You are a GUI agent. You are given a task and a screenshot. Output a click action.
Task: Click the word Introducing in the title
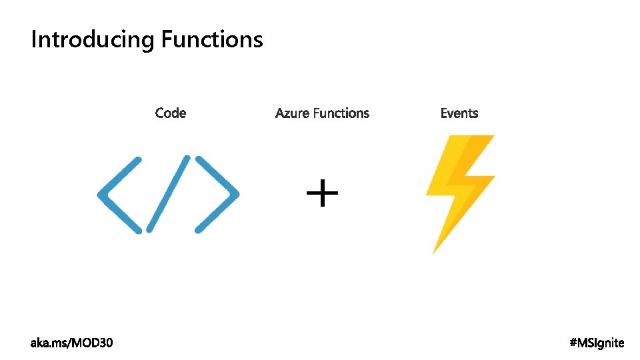pyautogui.click(x=93, y=40)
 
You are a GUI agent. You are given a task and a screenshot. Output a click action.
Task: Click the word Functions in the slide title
pyautogui.click(x=212, y=39)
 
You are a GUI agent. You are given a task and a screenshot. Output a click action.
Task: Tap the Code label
pyautogui.click(x=171, y=113)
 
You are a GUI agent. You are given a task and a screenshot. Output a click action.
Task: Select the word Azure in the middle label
pyautogui.click(x=292, y=113)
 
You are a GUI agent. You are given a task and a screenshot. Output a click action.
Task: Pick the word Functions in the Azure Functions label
pyautogui.click(x=341, y=113)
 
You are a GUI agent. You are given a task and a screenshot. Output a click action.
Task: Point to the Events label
pyautogui.click(x=459, y=113)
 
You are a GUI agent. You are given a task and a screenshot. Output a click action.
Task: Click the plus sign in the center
pyautogui.click(x=322, y=194)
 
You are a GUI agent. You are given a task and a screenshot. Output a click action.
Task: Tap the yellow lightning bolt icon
pyautogui.click(x=460, y=183)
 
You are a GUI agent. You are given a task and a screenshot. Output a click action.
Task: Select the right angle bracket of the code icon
pyautogui.click(x=217, y=195)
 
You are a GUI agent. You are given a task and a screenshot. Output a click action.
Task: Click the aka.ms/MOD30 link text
pyautogui.click(x=72, y=343)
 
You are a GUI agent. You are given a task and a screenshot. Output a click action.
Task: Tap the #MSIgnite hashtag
pyautogui.click(x=597, y=343)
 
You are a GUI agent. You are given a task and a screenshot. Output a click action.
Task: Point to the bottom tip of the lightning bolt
pyautogui.click(x=435, y=251)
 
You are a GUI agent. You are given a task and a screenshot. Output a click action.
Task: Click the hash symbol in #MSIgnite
pyautogui.click(x=573, y=343)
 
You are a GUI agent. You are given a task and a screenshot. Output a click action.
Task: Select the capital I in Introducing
pyautogui.click(x=33, y=39)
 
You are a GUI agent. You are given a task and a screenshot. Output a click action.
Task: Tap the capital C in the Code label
pyautogui.click(x=160, y=113)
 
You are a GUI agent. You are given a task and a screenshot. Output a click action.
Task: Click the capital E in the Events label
pyautogui.click(x=444, y=113)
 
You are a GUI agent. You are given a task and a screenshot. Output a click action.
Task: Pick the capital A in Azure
pyautogui.click(x=280, y=113)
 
